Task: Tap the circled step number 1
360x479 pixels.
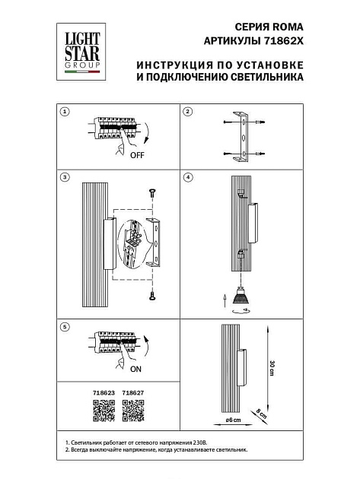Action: click(x=65, y=112)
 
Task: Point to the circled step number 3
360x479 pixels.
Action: click(x=65, y=177)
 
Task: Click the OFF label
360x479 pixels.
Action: click(x=137, y=155)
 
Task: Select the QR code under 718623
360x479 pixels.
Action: click(x=104, y=411)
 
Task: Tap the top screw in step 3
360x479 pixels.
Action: click(x=151, y=192)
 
